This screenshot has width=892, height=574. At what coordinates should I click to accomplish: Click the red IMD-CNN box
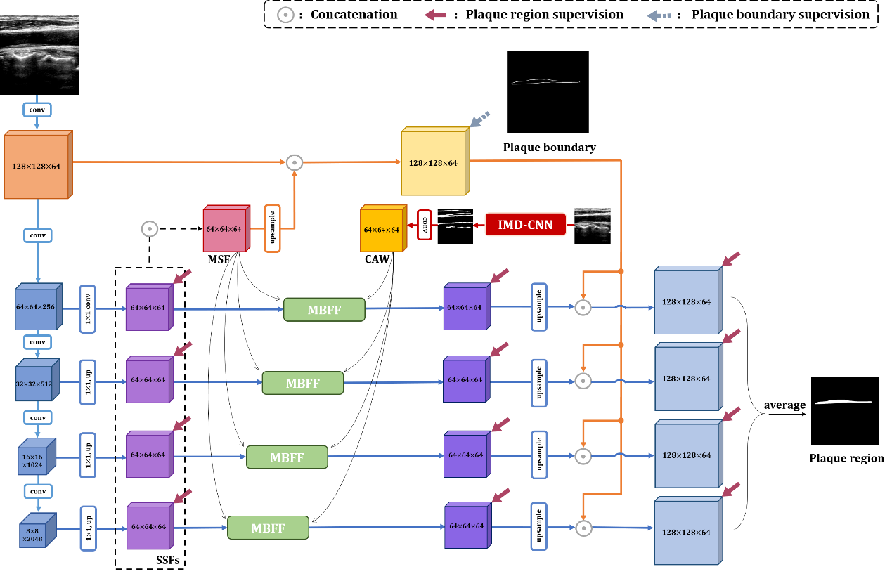[x=525, y=225]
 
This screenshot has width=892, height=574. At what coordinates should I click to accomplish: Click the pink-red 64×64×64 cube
[x=226, y=229]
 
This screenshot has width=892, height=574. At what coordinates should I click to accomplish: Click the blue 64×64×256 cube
[x=37, y=307]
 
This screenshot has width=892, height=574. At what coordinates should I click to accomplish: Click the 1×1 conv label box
[x=87, y=308]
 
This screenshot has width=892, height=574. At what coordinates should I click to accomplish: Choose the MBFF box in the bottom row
[x=268, y=528]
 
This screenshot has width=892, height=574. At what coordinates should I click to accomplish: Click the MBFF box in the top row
[x=324, y=310]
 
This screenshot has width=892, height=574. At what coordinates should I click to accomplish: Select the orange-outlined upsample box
[x=272, y=228]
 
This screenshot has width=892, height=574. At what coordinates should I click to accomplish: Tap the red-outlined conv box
[x=424, y=225]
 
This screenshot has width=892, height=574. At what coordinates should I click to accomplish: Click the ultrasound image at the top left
[x=39, y=49]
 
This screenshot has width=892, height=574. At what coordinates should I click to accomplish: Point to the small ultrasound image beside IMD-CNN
[x=592, y=221]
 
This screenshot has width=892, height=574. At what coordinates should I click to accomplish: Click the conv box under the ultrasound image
[x=37, y=110]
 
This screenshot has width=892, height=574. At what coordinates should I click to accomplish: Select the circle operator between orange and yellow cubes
[x=295, y=162]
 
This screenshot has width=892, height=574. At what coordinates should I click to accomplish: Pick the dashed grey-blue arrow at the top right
[x=659, y=15]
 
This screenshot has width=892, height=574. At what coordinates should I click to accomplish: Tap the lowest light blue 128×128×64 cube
[x=687, y=532]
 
